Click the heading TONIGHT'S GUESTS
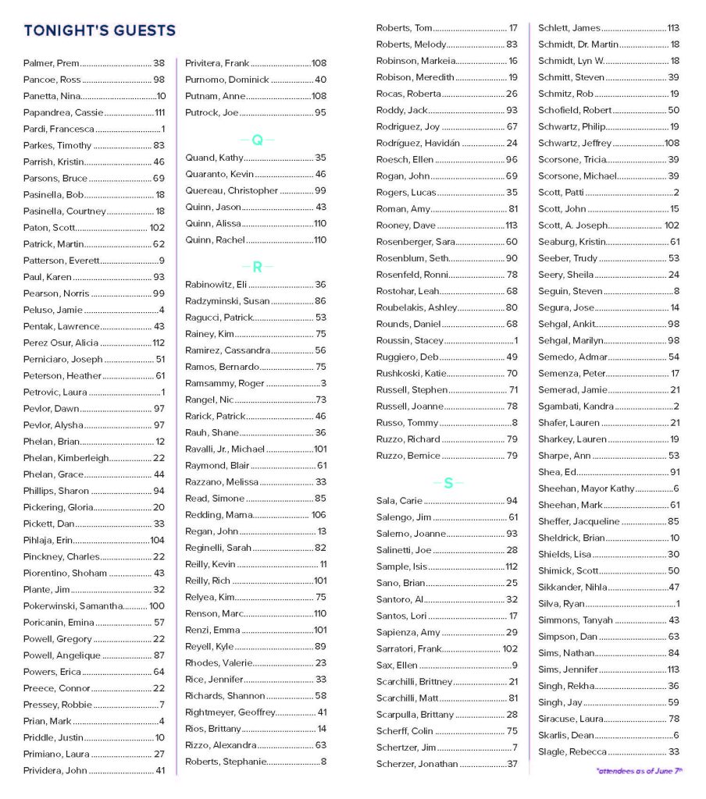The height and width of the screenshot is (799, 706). click(x=100, y=31)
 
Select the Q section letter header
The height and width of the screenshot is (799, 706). click(x=257, y=140)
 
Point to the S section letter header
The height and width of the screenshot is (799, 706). click(x=448, y=484)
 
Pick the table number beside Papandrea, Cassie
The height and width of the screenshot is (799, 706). click(x=159, y=112)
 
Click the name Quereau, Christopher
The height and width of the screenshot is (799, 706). click(x=231, y=190)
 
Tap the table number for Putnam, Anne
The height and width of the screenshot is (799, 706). click(x=319, y=96)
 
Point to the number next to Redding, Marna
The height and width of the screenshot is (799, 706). click(x=318, y=515)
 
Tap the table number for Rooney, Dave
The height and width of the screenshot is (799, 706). click(x=511, y=225)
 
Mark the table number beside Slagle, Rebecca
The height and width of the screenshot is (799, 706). click(x=673, y=751)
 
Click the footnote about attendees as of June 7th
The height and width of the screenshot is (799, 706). click(x=639, y=770)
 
